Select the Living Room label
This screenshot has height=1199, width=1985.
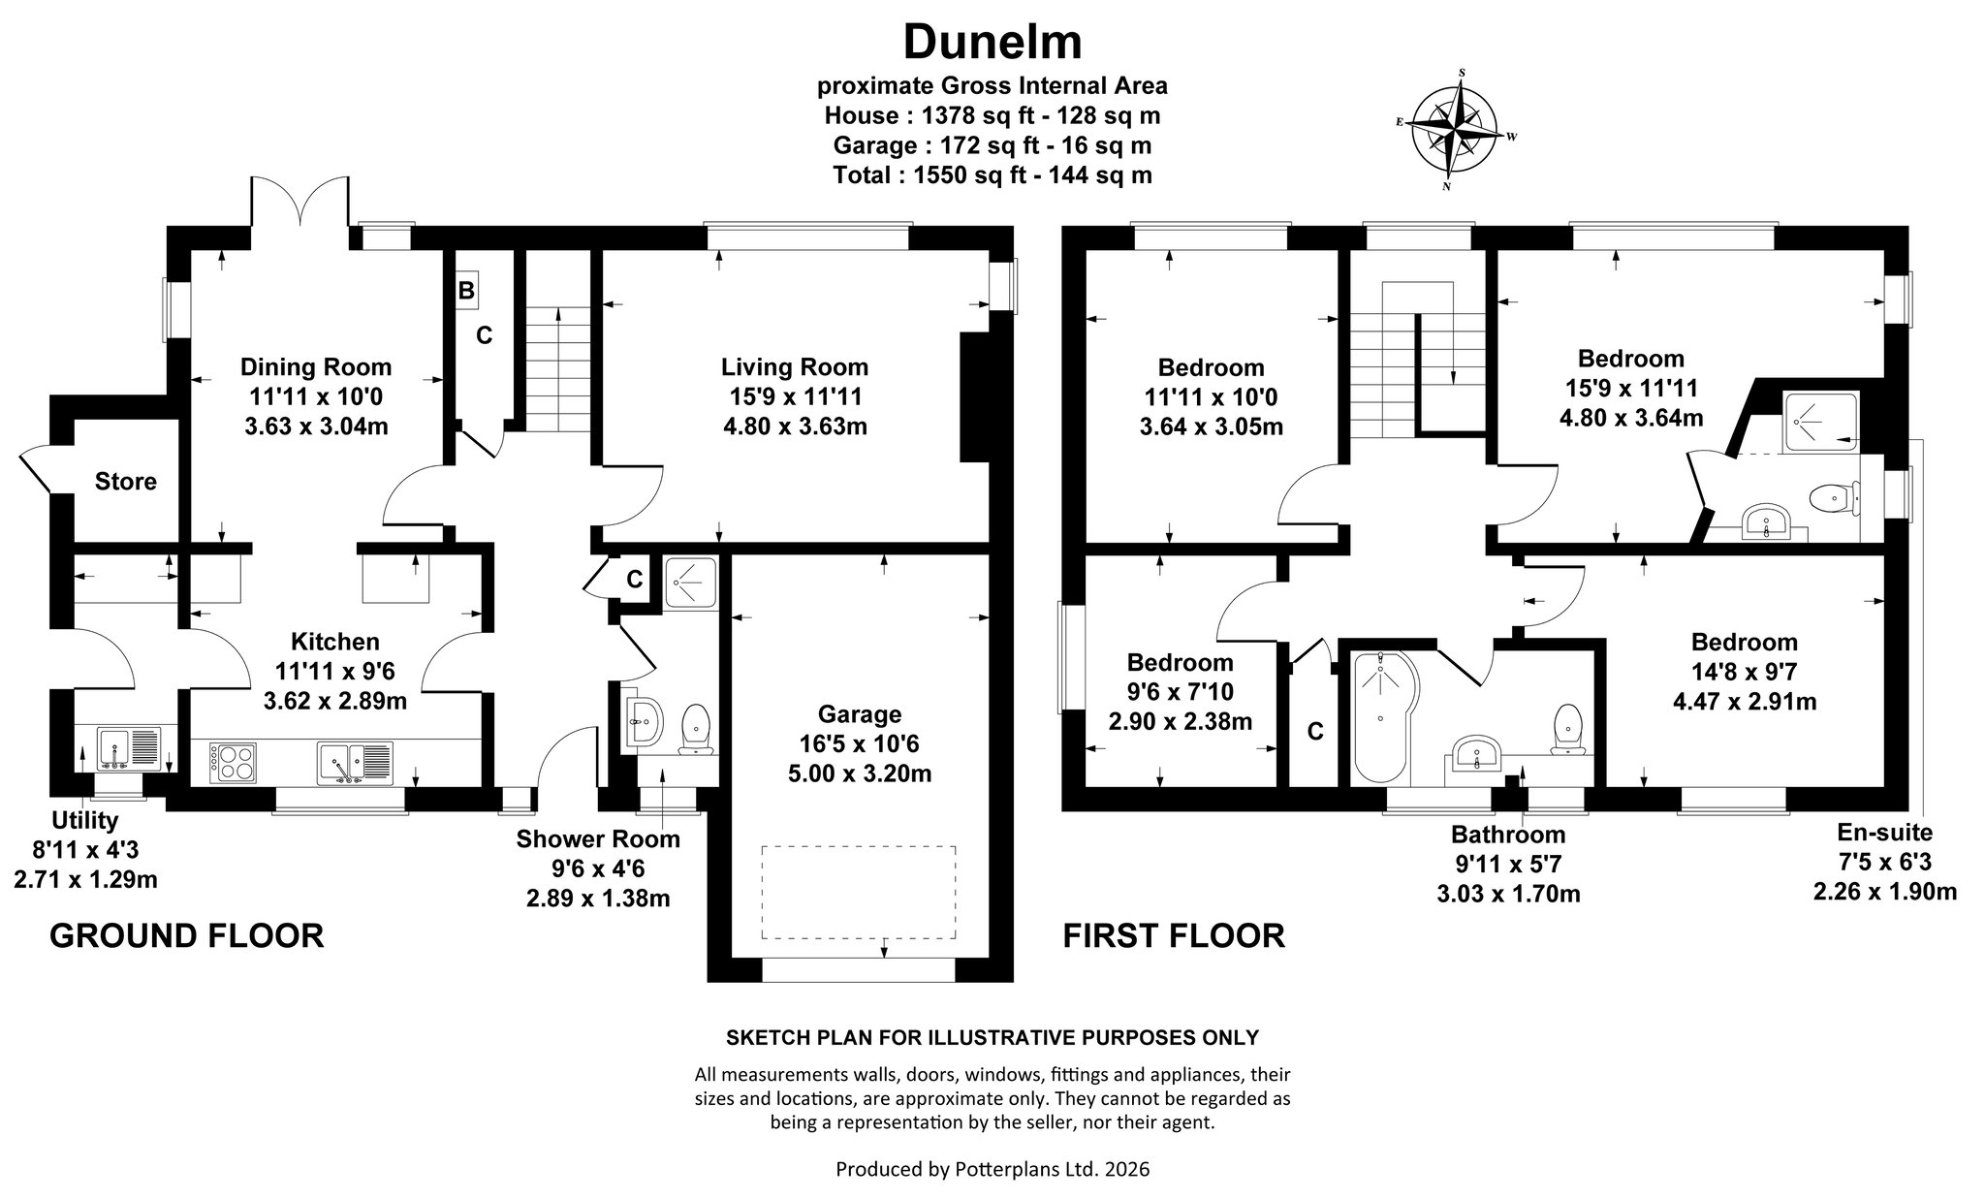(795, 367)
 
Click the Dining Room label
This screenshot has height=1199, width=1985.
(316, 367)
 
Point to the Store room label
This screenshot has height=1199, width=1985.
(126, 482)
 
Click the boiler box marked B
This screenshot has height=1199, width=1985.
(466, 291)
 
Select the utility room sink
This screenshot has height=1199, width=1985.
(122, 747)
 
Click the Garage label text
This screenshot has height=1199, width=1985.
(860, 714)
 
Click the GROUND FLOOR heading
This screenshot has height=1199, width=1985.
(186, 936)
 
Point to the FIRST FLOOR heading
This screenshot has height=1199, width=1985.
(1174, 936)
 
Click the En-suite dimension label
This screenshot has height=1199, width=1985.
(1885, 861)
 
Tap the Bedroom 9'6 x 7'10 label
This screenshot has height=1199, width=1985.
(1181, 692)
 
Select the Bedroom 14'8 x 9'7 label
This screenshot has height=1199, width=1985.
(1745, 672)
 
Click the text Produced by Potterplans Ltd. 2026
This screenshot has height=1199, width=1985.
(992, 1169)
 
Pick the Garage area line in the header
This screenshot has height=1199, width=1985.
(992, 145)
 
